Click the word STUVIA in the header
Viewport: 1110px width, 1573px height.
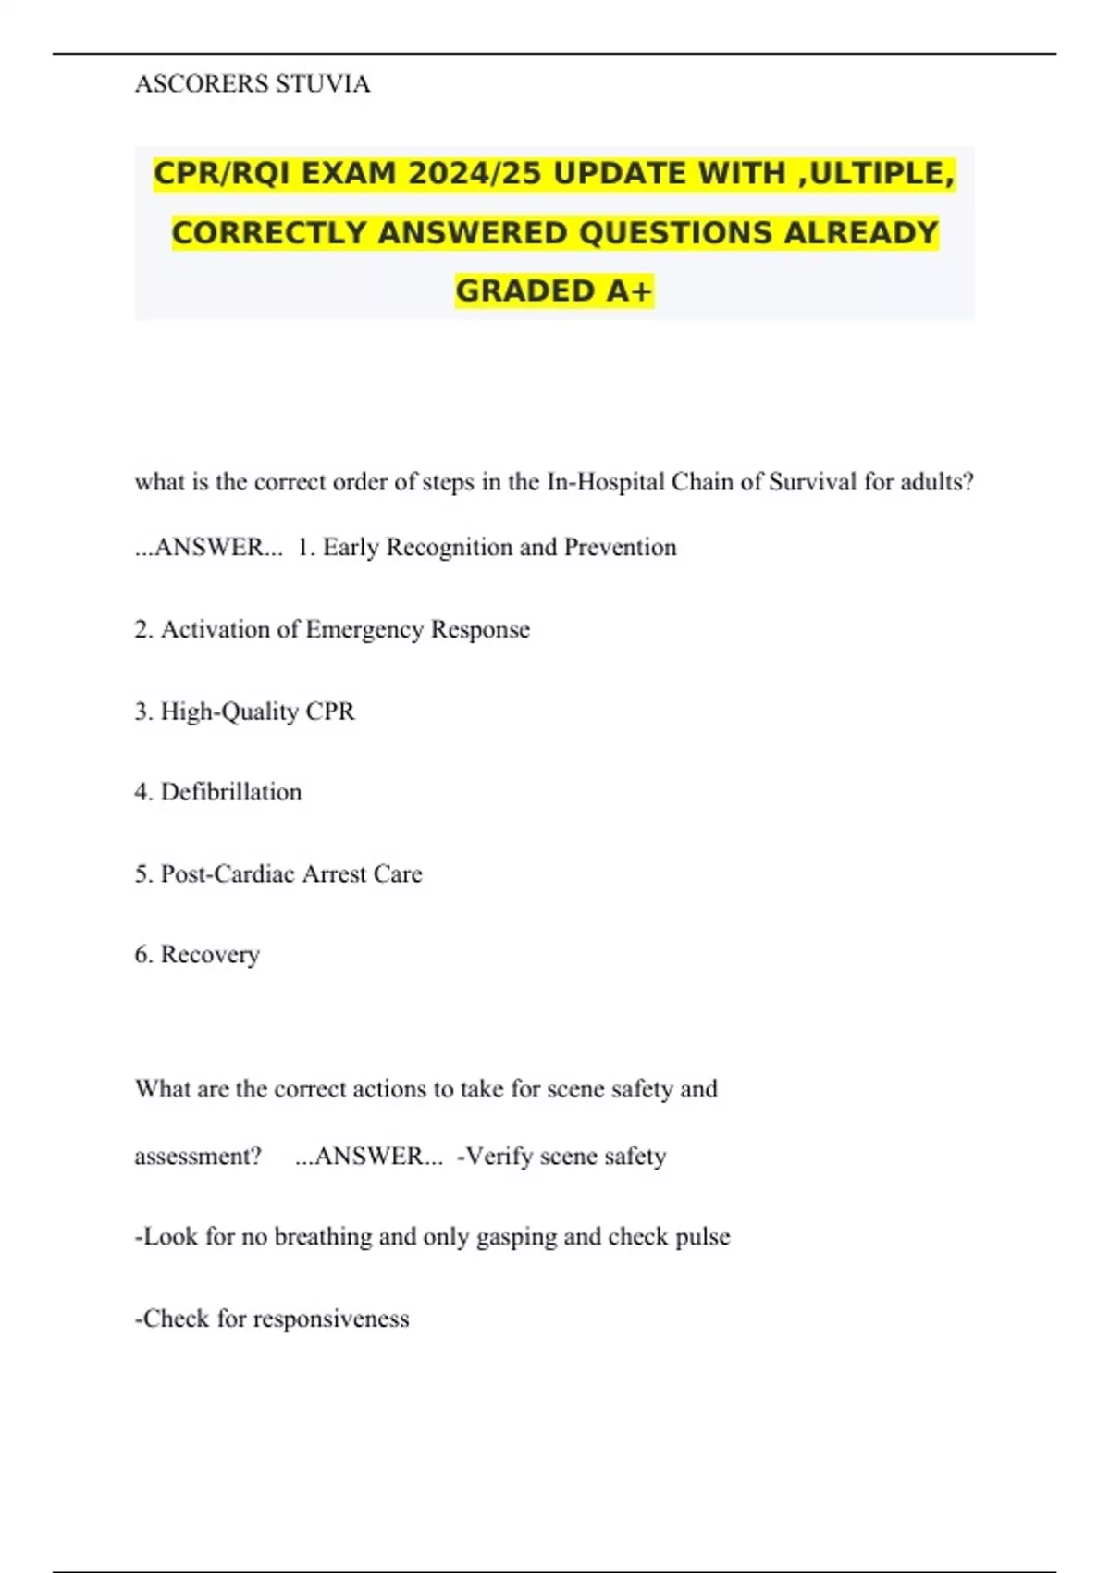323,84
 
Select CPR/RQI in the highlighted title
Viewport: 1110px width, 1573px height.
222,173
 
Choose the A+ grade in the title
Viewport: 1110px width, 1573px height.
630,291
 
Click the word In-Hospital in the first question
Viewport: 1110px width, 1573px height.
606,482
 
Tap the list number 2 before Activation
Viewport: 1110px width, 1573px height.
142,629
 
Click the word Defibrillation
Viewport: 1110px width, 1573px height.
231,792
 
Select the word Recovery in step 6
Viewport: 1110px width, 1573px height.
210,955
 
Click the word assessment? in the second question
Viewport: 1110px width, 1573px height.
198,1157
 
